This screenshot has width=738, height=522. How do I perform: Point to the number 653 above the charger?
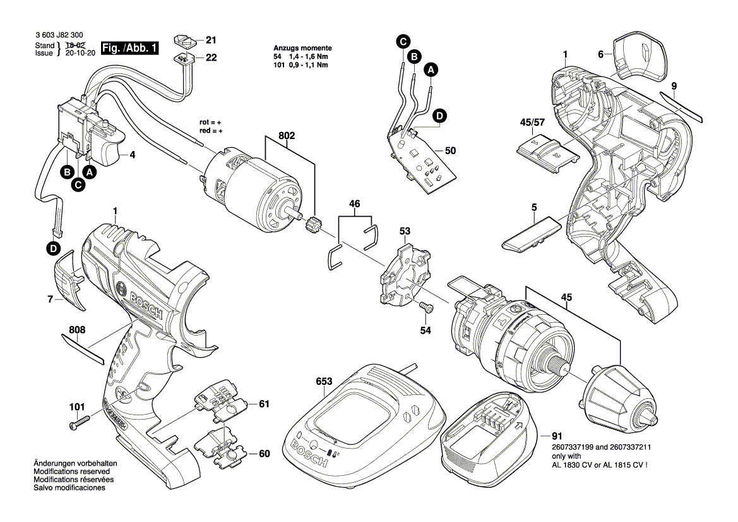(324, 381)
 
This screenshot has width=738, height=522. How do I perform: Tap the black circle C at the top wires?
(402, 42)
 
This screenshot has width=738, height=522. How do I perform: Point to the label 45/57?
(532, 122)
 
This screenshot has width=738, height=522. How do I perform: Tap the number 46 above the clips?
(355, 203)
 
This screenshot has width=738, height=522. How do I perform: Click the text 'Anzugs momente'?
(302, 48)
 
